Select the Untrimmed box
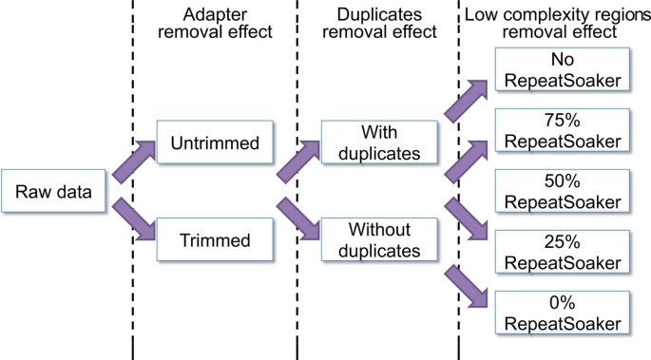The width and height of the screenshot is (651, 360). [x=209, y=143]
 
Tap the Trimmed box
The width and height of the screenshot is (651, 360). [x=209, y=241]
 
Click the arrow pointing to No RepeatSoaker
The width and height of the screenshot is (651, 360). [x=465, y=104]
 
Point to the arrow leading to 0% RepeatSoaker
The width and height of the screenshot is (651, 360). [x=465, y=282]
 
